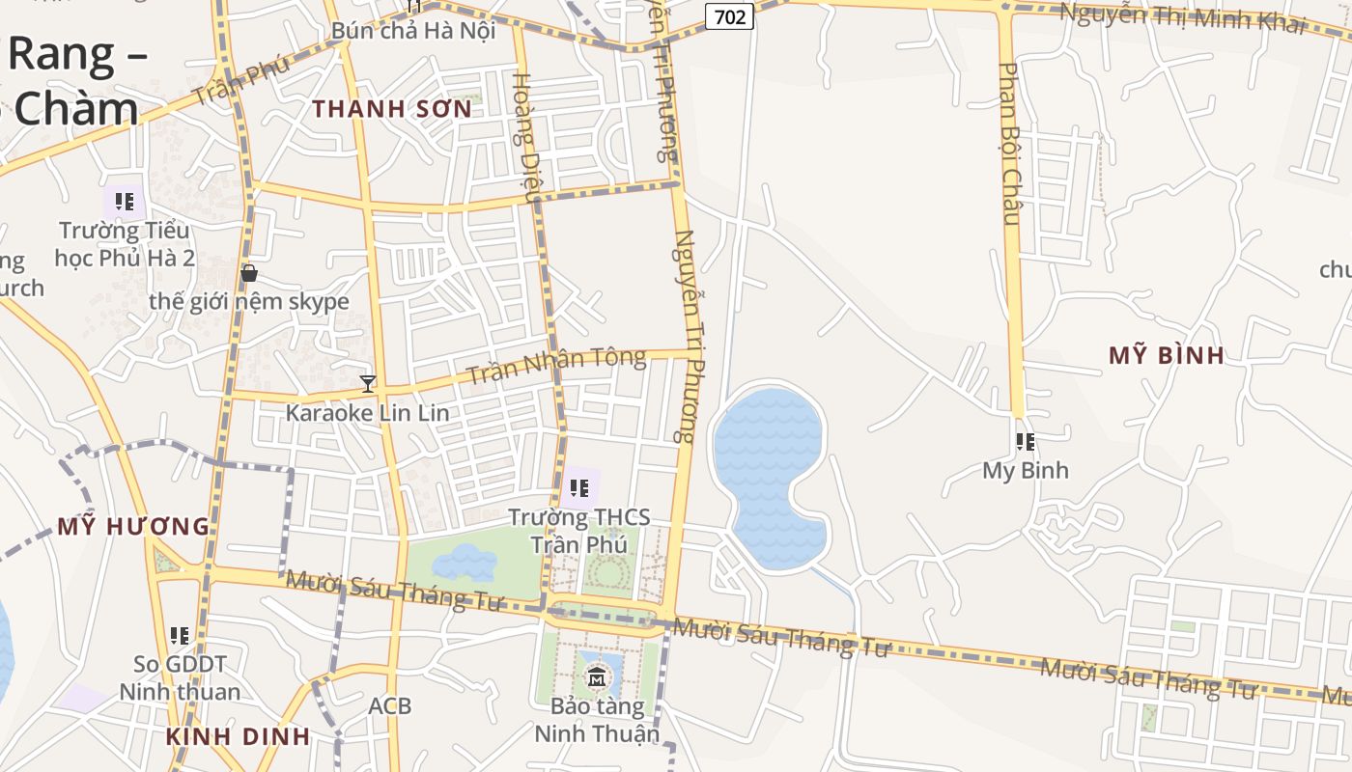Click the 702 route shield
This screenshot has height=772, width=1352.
click(x=729, y=16)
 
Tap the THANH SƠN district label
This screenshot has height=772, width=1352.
click(x=393, y=108)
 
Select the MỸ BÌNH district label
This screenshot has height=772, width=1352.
click(x=1167, y=355)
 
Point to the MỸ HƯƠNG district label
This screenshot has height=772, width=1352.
click(x=133, y=527)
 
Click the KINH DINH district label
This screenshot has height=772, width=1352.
click(x=238, y=736)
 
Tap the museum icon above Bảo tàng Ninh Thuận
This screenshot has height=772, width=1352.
click(x=597, y=677)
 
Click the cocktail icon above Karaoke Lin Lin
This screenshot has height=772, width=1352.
click(x=367, y=384)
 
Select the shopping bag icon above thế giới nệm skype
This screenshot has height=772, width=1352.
click(x=249, y=273)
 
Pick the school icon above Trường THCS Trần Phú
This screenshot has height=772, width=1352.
click(x=579, y=488)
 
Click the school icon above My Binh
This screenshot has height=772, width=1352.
click(x=1026, y=442)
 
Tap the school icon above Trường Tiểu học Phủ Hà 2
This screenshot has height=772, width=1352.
click(x=124, y=202)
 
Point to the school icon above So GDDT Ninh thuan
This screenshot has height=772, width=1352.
click(x=180, y=636)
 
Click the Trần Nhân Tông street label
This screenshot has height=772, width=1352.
click(x=556, y=366)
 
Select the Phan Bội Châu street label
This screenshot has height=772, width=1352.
click(x=1010, y=145)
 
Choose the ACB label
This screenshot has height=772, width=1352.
click(x=390, y=706)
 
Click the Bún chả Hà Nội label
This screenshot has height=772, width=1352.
click(x=413, y=30)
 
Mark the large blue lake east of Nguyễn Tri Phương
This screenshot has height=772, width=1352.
click(x=769, y=454)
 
